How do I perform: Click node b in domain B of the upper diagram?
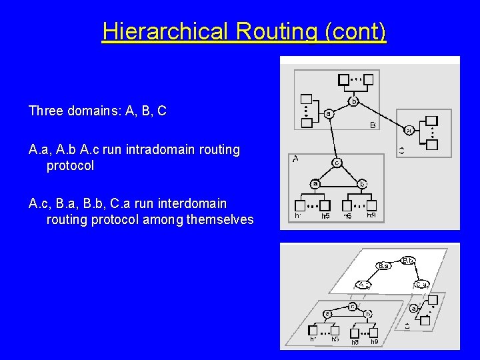click(x=353, y=101)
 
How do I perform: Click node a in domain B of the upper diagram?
click(x=329, y=114)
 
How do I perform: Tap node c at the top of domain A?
click(x=337, y=162)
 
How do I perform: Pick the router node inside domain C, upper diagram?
click(x=409, y=130)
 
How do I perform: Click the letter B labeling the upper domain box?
click(x=373, y=125)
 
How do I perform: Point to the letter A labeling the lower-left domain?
click(x=295, y=159)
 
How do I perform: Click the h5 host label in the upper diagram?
click(x=325, y=216)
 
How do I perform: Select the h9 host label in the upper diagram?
click(x=371, y=215)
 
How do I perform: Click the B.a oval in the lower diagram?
click(x=383, y=265)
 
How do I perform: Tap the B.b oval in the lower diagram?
click(x=409, y=260)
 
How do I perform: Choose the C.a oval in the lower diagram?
click(x=421, y=284)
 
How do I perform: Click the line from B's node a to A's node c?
click(x=333, y=139)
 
